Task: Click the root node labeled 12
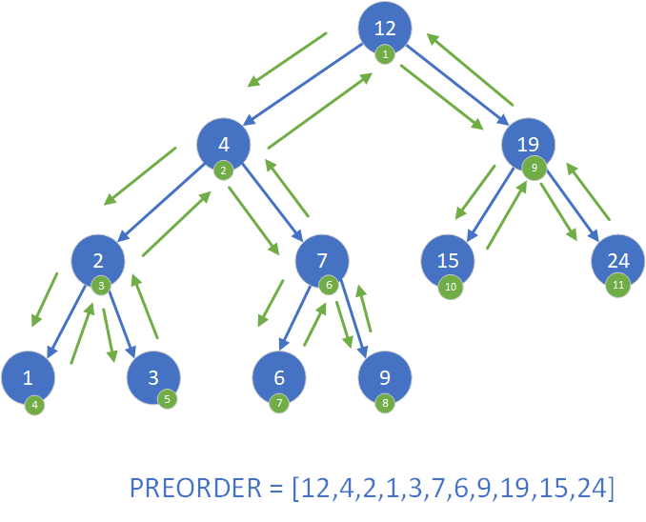(x=384, y=29)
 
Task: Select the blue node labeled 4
(x=224, y=145)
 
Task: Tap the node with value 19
(x=528, y=145)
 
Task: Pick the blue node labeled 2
(x=98, y=260)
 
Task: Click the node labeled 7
(x=322, y=260)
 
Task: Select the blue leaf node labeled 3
(x=154, y=376)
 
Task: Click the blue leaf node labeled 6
(x=279, y=376)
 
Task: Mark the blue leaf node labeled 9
(x=384, y=376)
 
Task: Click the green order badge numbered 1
(x=384, y=54)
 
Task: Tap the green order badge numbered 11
(x=617, y=285)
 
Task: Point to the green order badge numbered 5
(x=168, y=399)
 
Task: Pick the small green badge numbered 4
(x=35, y=403)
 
